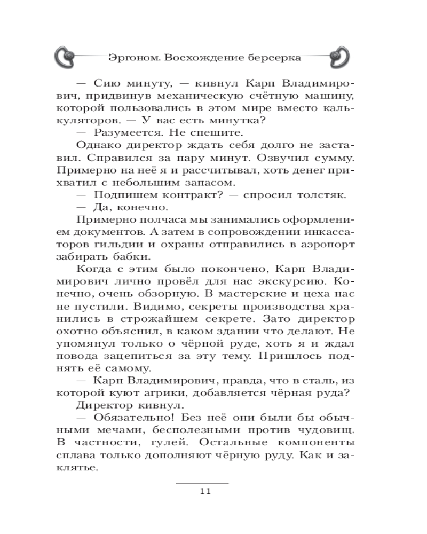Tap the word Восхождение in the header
[x=197, y=57]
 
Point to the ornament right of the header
[x=338, y=56]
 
